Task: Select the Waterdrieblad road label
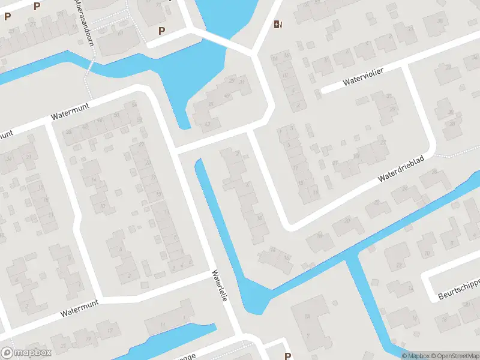(x=401, y=171)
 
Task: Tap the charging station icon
(x=277, y=24)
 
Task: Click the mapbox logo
(x=26, y=353)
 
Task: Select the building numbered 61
(x=120, y=33)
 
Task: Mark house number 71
(x=158, y=5)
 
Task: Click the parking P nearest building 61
(x=161, y=31)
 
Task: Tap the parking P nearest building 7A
(x=288, y=356)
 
